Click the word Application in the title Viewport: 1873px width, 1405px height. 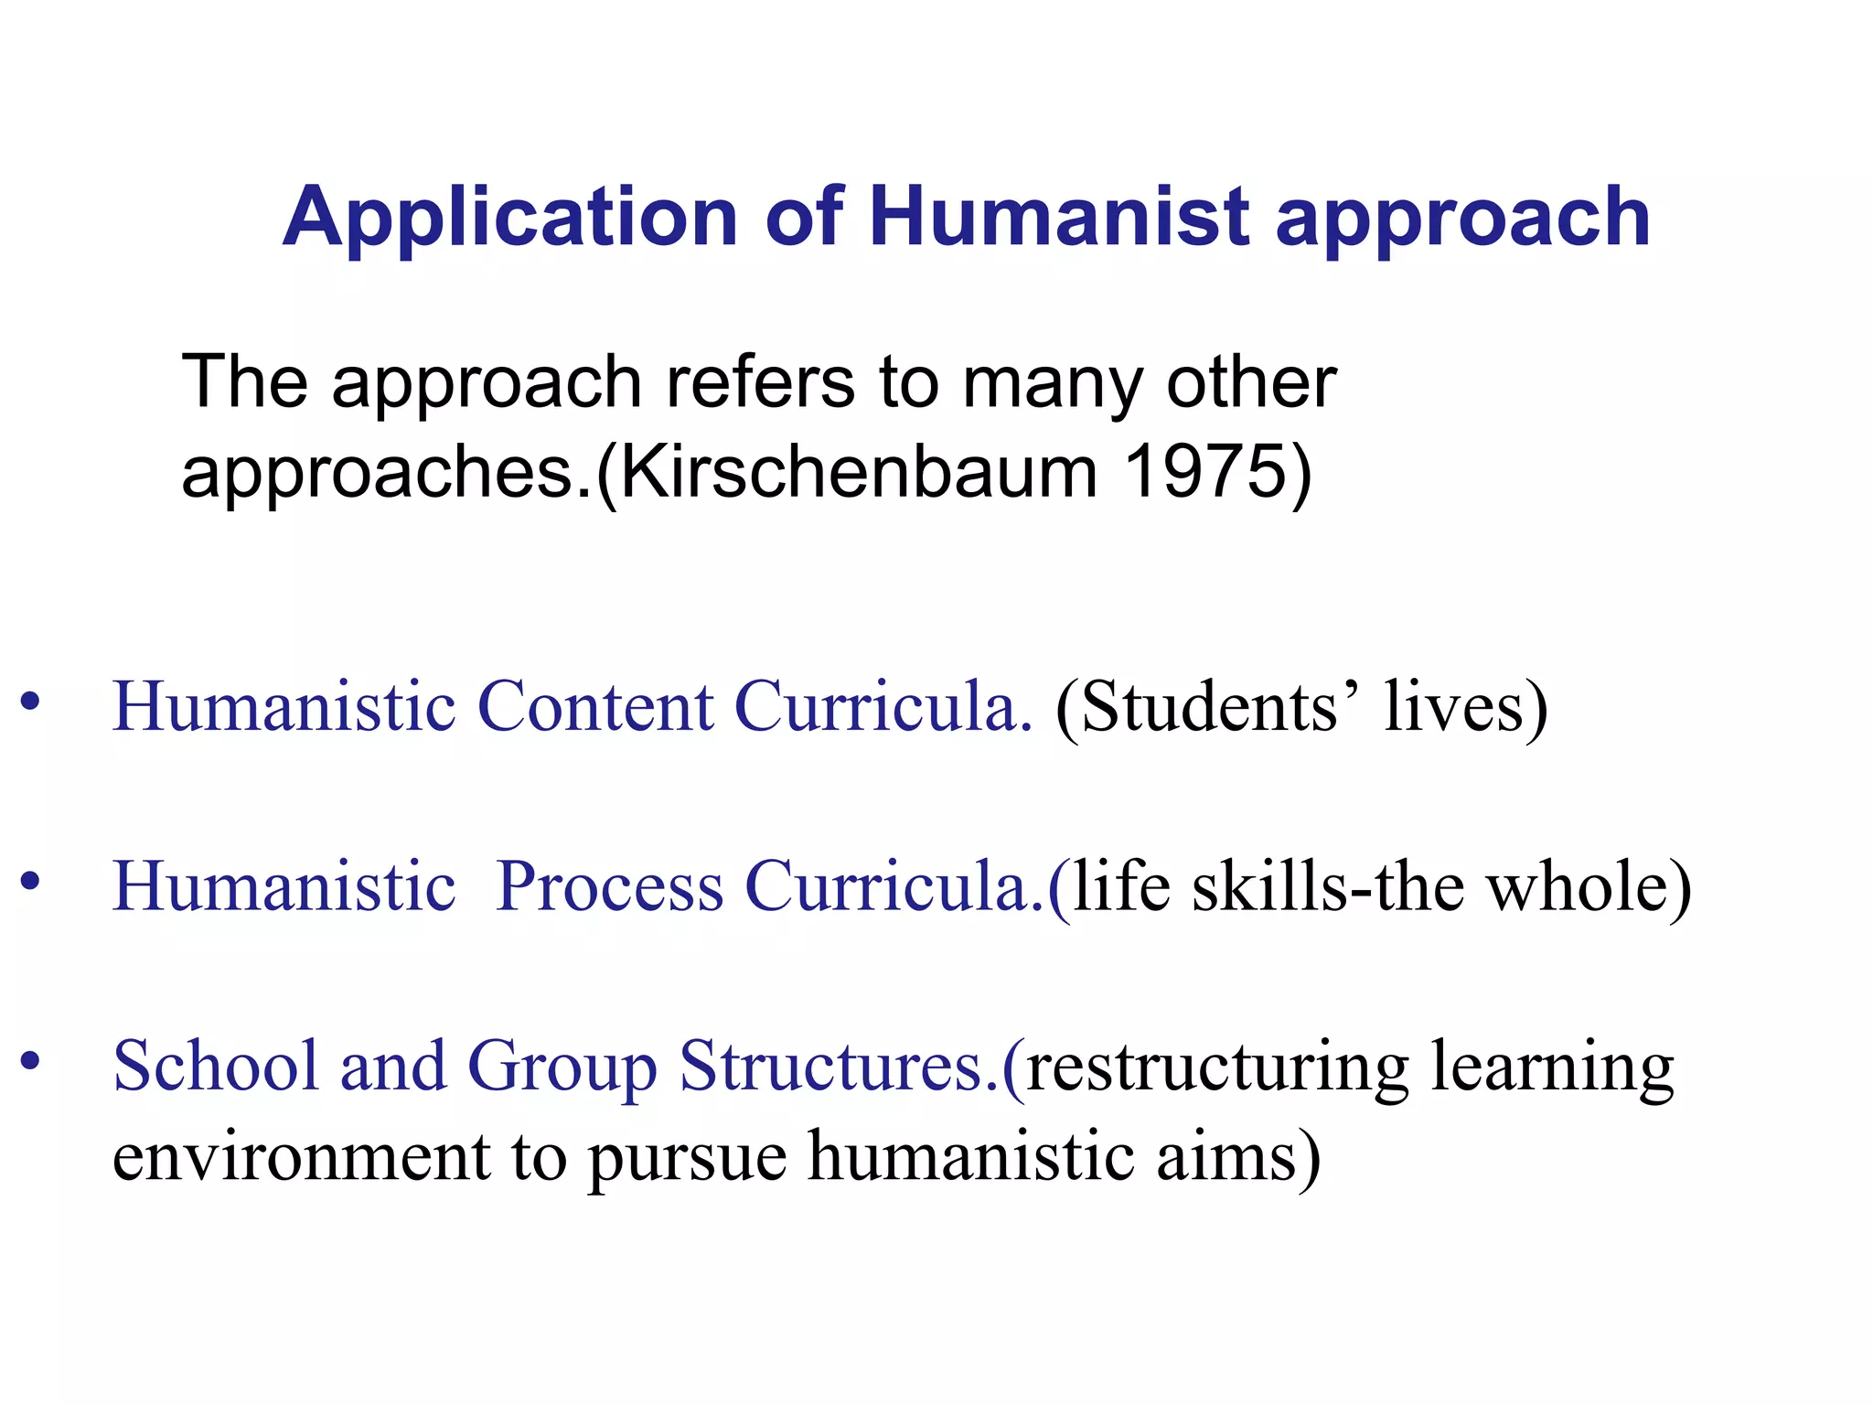pyautogui.click(x=509, y=218)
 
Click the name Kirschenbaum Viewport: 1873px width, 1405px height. pyautogui.click(x=860, y=472)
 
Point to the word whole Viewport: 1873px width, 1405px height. pyautogui.click(x=1577, y=885)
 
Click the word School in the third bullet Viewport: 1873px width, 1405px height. pyautogui.click(x=216, y=1066)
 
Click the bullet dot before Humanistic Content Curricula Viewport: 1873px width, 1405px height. pyautogui.click(x=31, y=702)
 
